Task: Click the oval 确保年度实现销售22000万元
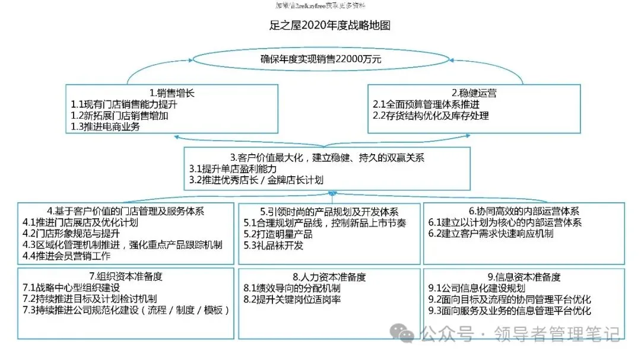(x=320, y=59)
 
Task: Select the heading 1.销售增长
(x=172, y=93)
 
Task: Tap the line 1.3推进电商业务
(x=106, y=126)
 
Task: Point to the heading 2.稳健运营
(x=474, y=93)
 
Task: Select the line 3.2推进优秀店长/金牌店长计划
(x=256, y=180)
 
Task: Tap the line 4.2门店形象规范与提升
(x=75, y=234)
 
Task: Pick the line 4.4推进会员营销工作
(x=66, y=256)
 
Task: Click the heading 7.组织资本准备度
(x=125, y=276)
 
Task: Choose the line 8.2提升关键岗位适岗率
(x=292, y=300)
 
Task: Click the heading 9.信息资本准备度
(x=523, y=277)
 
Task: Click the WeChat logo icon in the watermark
(x=407, y=335)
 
